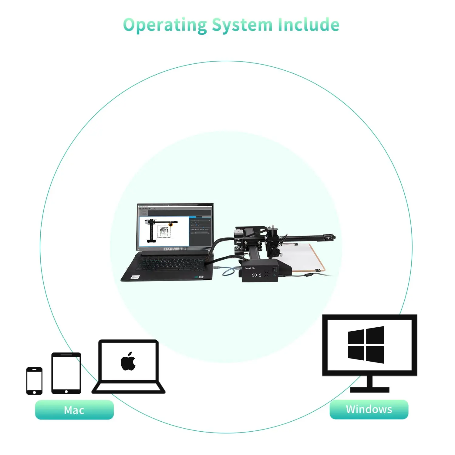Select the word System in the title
click(x=242, y=25)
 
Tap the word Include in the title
click(x=308, y=25)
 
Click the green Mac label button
click(x=74, y=410)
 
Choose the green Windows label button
click(x=369, y=409)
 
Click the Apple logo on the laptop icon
click(x=128, y=362)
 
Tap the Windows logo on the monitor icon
click(x=366, y=345)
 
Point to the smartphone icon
click(x=34, y=381)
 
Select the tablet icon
click(x=66, y=373)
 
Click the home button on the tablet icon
click(x=66, y=392)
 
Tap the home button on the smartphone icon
click(x=34, y=392)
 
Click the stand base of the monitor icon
click(x=369, y=390)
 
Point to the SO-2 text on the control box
click(x=257, y=275)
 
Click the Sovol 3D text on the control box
click(x=250, y=268)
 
